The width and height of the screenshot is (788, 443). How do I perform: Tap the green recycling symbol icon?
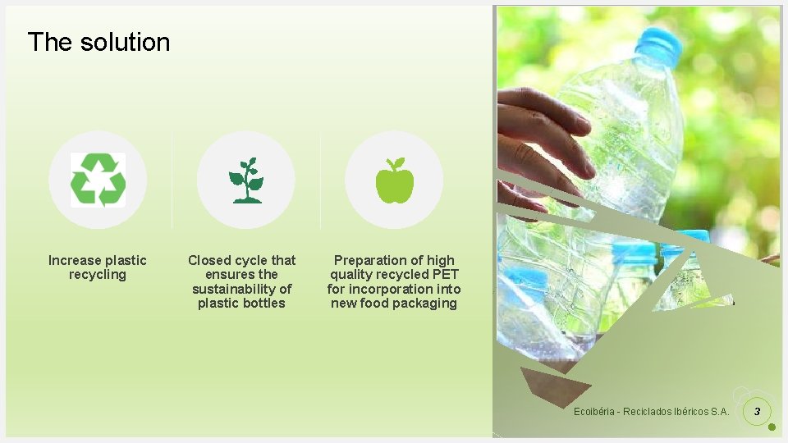(x=98, y=180)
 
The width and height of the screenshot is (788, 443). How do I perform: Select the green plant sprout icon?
(x=245, y=180)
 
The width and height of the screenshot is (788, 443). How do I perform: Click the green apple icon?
(x=394, y=180)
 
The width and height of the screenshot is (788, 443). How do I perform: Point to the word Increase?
(x=72, y=261)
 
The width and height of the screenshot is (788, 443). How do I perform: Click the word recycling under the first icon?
(x=98, y=275)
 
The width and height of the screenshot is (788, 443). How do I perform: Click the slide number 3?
(x=757, y=411)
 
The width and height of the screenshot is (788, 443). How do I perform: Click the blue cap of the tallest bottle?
(x=659, y=46)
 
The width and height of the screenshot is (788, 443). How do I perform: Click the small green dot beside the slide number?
(x=772, y=427)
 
